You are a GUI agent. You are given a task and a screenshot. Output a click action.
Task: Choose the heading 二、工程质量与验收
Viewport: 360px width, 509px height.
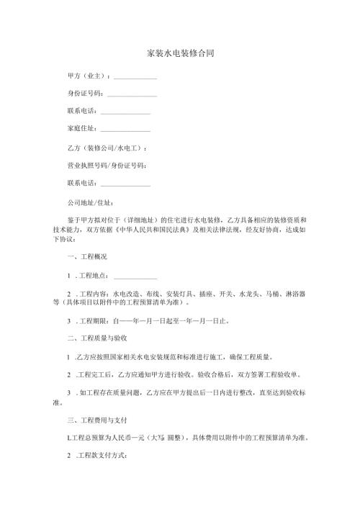pyautogui.click(x=96, y=338)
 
